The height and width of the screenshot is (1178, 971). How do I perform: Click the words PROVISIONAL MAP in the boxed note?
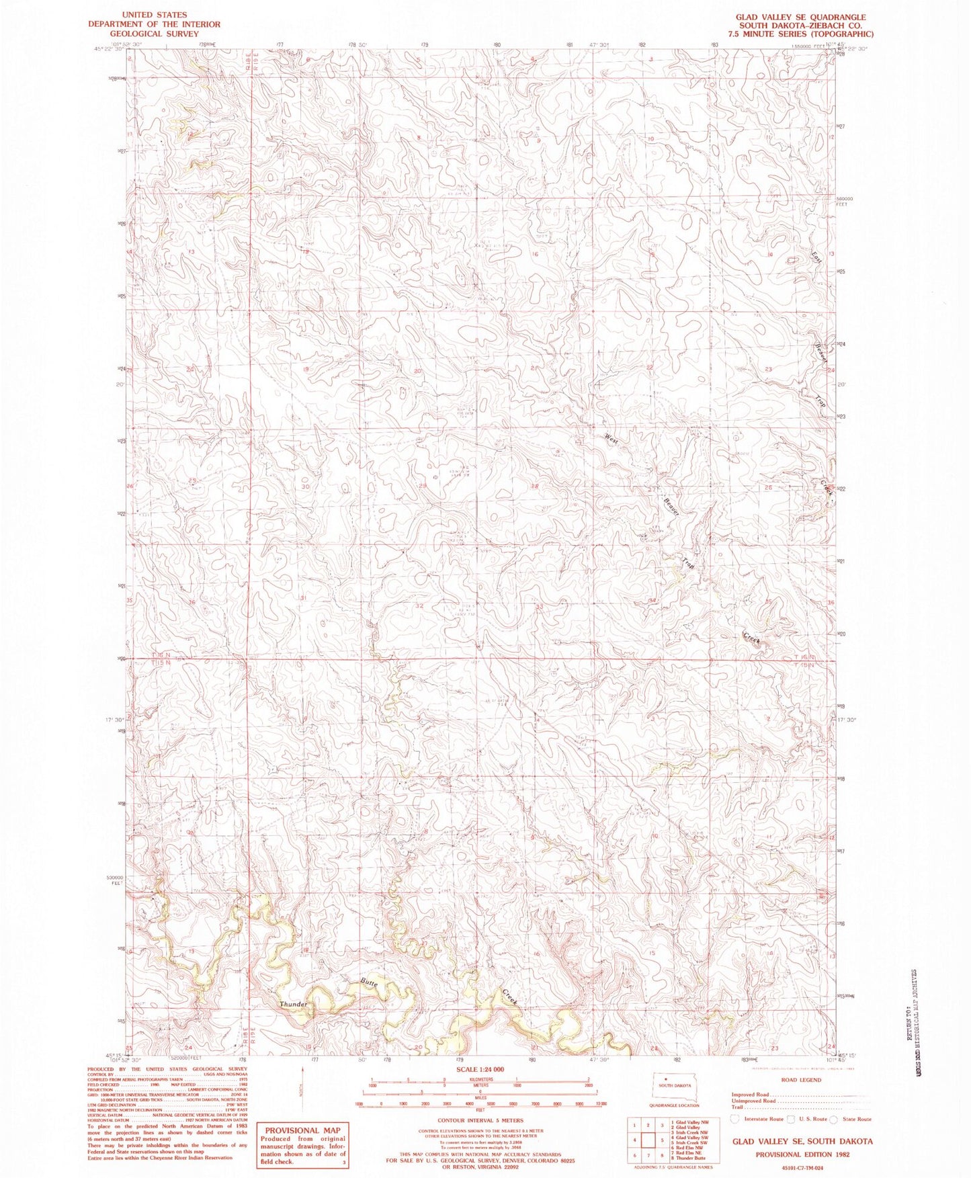point(302,1130)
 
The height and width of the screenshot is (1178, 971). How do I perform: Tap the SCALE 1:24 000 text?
point(480,1069)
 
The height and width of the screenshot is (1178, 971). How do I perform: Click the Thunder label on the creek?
point(293,1005)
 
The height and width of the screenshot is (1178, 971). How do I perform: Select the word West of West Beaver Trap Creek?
point(611,438)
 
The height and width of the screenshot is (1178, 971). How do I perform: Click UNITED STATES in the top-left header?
point(154,15)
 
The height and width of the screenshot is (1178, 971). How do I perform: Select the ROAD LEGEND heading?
point(800,1080)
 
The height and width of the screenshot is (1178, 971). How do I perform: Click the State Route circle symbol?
point(834,1119)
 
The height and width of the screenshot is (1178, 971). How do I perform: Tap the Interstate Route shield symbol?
point(735,1119)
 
